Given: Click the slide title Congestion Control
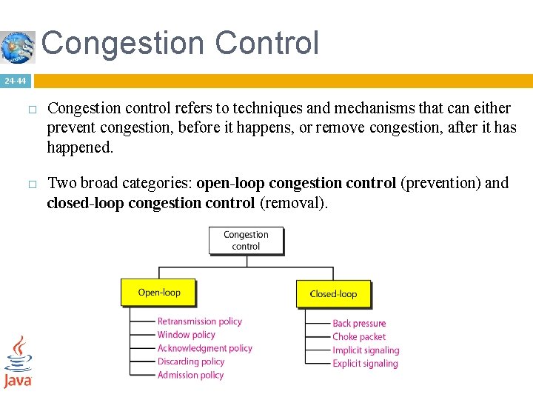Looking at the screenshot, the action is [x=180, y=43].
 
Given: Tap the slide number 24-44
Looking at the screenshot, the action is [x=14, y=81].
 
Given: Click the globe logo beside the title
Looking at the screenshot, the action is [x=18, y=47].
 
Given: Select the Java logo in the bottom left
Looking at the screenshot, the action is [x=18, y=362].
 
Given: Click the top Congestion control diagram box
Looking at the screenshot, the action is [x=246, y=240].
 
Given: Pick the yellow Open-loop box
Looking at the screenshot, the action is [x=158, y=293].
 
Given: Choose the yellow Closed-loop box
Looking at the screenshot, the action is [x=333, y=293].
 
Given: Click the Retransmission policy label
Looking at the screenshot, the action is [x=199, y=321].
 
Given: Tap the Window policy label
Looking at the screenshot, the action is [x=186, y=335].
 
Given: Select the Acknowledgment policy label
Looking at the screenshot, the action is [x=204, y=348].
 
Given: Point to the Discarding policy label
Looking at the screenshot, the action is [x=190, y=361].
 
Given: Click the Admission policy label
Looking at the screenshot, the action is [x=190, y=375].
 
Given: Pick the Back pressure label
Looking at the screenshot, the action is [x=359, y=324].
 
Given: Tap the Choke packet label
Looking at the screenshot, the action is [x=359, y=337].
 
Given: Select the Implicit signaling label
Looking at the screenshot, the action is [x=366, y=350].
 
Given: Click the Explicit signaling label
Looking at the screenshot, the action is [x=365, y=364].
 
